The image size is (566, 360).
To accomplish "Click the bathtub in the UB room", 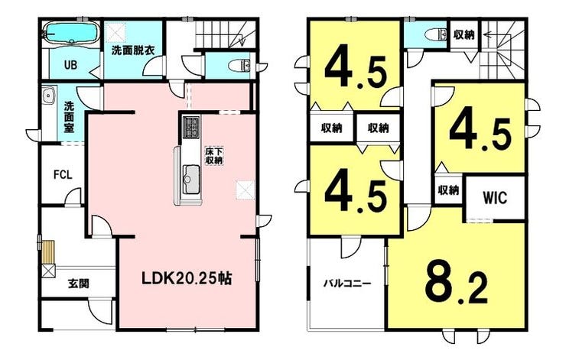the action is pos(70,34).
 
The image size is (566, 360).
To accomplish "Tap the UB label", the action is pos(70,65).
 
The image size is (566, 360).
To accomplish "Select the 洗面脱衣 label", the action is pos(133,50).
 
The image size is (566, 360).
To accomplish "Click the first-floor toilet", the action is pos(239,65).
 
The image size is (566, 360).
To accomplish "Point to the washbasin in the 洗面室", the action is pos(49,96).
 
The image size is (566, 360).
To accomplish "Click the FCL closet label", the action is pos(63,175).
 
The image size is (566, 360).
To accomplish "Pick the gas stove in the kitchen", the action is pos(191,128).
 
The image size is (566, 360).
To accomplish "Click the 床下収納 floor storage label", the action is pos(213,156).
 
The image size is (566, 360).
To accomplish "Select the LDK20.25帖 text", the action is pos(187,278).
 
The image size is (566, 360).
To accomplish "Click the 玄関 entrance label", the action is pos(78,284).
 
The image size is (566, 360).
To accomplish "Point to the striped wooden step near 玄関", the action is pos(48,252).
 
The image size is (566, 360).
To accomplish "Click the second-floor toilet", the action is pos(435,35).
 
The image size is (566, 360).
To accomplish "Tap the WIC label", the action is pos(495,197).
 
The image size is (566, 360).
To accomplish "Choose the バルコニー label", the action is pos(347,283).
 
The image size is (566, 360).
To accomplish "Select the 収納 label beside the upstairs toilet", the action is pos(464,35).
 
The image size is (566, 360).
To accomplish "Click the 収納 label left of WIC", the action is pos(448,190).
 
